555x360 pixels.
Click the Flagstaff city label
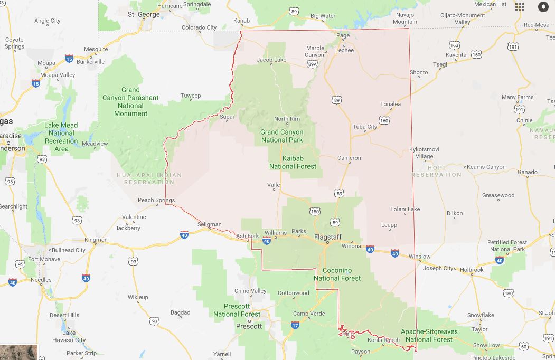coord(328,237)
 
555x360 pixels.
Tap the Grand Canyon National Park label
coord(282,136)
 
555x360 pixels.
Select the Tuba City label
coord(365,127)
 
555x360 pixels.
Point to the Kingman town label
coord(96,240)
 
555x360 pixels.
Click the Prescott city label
coord(249,326)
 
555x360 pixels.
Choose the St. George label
coord(144,14)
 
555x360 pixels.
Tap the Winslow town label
coord(419,257)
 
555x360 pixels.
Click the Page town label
coord(343,36)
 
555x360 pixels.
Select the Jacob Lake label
coord(271,60)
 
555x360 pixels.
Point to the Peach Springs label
coord(156,200)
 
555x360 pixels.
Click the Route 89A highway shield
coord(312,64)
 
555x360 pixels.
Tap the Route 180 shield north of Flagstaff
coord(315,211)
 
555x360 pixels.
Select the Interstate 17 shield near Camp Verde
coord(295,326)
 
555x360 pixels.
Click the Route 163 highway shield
coord(454,45)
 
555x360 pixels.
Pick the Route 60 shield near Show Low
coord(523,346)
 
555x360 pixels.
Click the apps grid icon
coord(520,6)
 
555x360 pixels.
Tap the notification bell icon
coord(543,6)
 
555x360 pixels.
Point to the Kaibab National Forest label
coord(293,163)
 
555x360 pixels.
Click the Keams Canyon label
coord(486,167)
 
